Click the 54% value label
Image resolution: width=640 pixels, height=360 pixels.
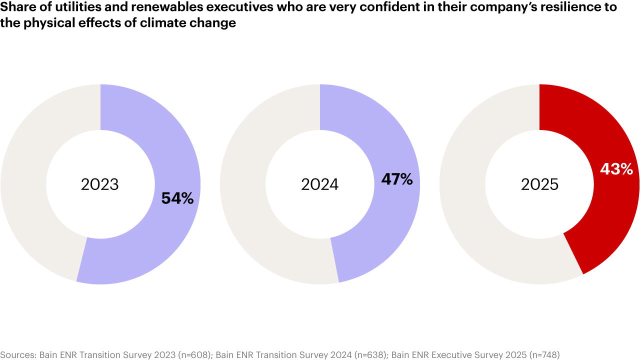coord(177,198)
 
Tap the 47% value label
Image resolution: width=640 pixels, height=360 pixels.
coord(397,179)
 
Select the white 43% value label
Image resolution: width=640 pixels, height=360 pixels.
coord(616,169)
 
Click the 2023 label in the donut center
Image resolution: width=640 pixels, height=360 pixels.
coord(100,184)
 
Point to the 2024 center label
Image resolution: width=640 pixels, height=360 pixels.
coord(320,184)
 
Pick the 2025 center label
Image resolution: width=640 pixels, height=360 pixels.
coord(539,184)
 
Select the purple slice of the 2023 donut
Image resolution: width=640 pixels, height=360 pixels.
coord(150,240)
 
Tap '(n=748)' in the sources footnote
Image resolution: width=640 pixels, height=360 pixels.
coord(543,354)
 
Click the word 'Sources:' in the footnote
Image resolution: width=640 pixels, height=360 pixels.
coord(17,354)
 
